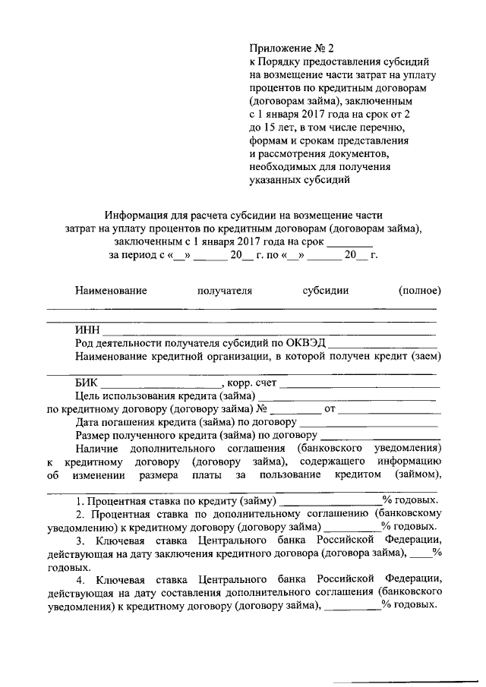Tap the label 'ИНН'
click(87, 329)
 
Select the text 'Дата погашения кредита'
click(144, 423)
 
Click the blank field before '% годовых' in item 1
click(331, 503)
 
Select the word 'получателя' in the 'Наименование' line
click(224, 290)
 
